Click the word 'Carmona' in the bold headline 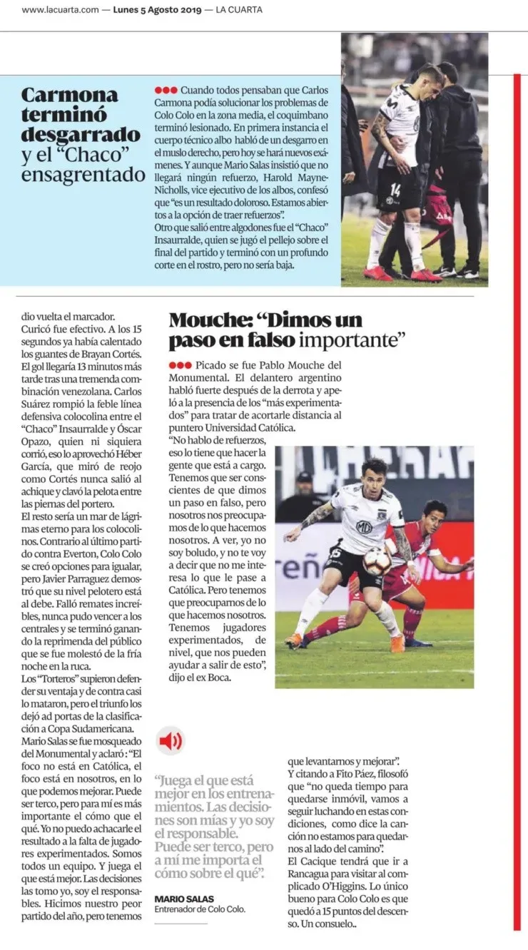(70, 95)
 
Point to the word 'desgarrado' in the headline (81, 135)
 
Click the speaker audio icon (171, 742)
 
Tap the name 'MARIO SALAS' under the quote (184, 899)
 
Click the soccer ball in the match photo (376, 561)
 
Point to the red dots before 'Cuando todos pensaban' (166, 91)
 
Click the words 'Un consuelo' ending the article (326, 924)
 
